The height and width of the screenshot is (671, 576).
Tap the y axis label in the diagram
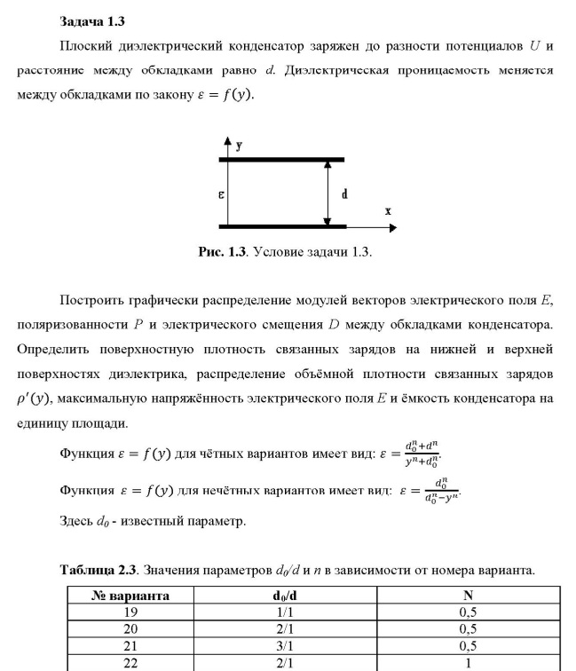tap(239, 144)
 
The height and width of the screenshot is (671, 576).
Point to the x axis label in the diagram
tap(388, 211)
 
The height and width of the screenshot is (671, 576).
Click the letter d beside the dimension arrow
tap(343, 193)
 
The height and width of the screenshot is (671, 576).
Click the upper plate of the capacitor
tap(282, 160)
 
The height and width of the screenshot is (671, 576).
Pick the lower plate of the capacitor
tap(282, 225)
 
